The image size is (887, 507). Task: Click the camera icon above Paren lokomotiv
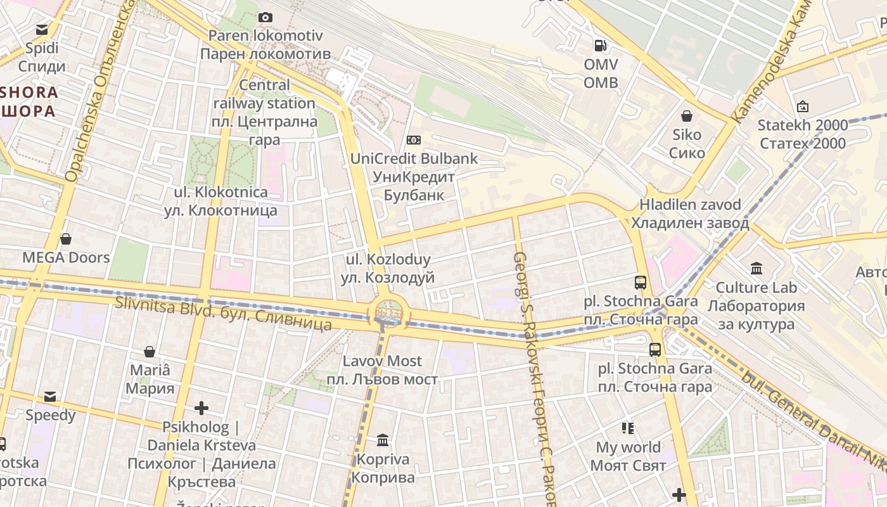(265, 17)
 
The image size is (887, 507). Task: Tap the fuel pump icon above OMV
(599, 45)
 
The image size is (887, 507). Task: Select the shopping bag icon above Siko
(686, 116)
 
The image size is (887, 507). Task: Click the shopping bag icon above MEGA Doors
(66, 239)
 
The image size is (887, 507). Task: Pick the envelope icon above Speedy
(50, 397)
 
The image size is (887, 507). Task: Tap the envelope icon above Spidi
(42, 29)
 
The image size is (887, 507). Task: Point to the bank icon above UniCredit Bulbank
(414, 139)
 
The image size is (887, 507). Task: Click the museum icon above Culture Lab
(756, 269)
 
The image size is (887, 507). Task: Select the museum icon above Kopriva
(383, 440)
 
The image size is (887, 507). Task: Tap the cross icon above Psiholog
(201, 408)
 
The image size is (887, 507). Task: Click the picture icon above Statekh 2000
(803, 106)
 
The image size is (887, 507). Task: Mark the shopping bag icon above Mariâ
(150, 352)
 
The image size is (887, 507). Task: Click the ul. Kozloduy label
(388, 268)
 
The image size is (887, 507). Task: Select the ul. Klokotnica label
(220, 201)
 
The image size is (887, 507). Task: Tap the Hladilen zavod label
(690, 214)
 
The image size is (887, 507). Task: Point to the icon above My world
(628, 428)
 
